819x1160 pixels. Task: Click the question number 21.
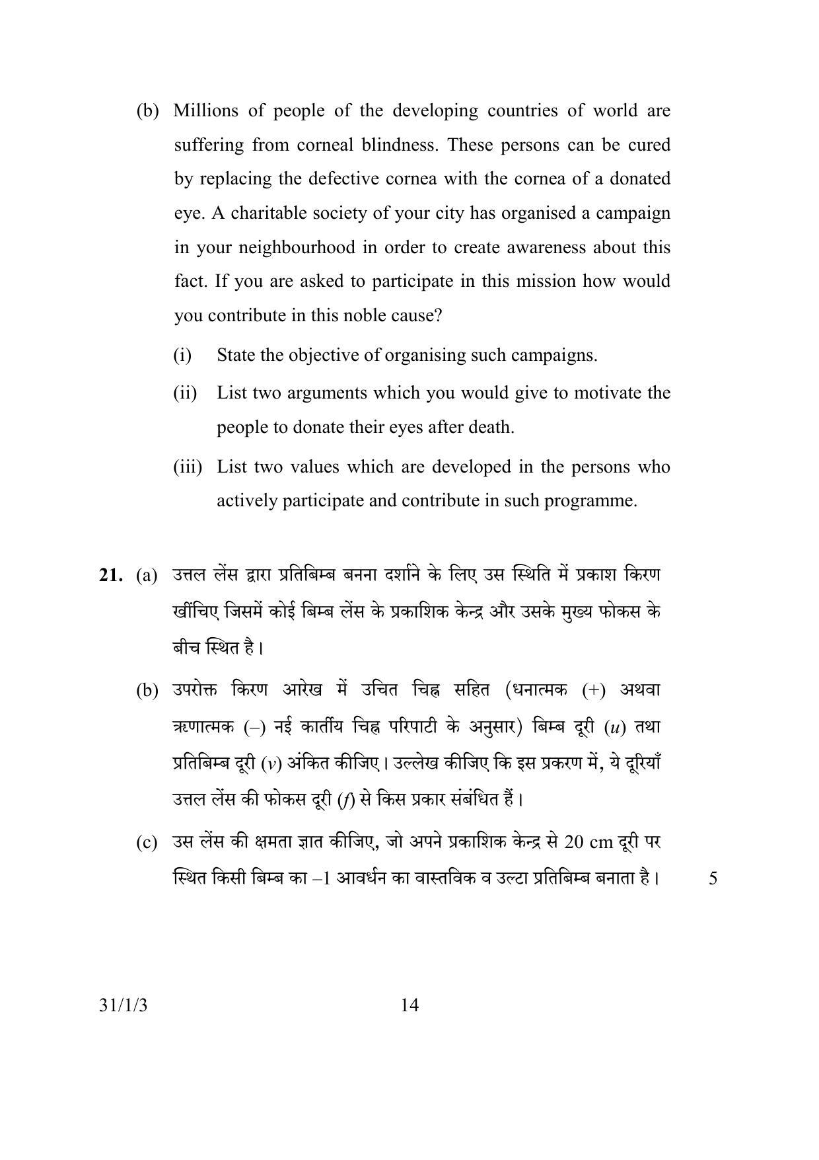(x=111, y=576)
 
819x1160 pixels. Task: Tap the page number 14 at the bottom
(x=409, y=1005)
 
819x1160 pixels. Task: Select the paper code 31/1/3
(x=125, y=1006)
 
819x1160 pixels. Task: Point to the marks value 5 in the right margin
(x=713, y=878)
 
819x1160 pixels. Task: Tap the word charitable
(x=267, y=213)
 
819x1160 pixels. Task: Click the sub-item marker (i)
(x=182, y=356)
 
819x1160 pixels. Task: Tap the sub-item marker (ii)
(x=185, y=393)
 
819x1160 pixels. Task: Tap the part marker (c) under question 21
(x=147, y=843)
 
